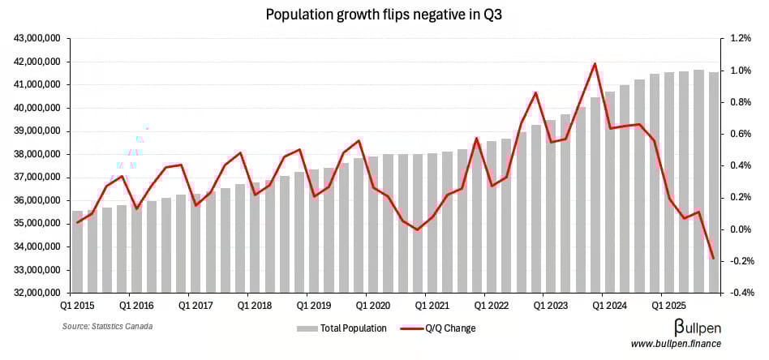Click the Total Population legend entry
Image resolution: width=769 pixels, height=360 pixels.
point(342,328)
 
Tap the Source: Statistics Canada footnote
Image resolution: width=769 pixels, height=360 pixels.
point(107,326)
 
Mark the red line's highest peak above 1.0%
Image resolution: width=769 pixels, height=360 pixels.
point(595,63)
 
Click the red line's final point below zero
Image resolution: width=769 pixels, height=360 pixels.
point(713,259)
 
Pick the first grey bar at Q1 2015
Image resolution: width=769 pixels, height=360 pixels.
point(77,251)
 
